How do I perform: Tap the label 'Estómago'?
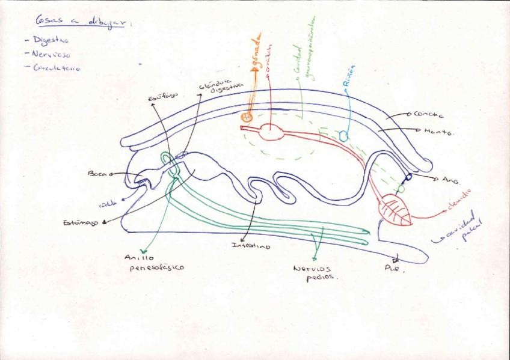[81, 222]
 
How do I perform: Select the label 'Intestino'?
[251, 245]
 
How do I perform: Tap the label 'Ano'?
[450, 179]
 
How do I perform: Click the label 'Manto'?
[437, 130]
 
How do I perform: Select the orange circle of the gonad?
[246, 118]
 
